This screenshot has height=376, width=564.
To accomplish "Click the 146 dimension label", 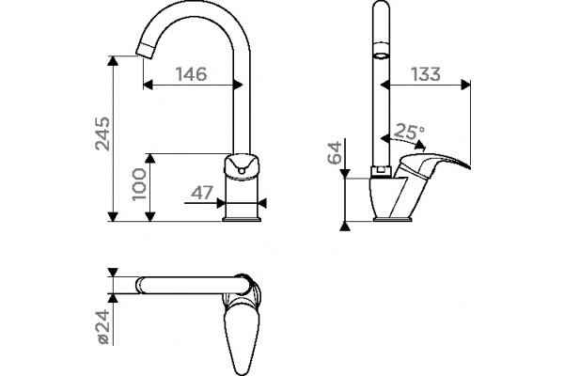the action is [x=192, y=74].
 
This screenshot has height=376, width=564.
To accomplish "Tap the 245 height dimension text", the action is [x=102, y=133].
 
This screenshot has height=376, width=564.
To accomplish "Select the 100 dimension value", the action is [x=139, y=184].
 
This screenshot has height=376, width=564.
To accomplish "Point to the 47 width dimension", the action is [x=202, y=193].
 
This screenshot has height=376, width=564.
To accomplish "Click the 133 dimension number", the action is [x=426, y=74].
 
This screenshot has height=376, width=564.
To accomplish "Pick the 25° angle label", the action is [x=409, y=132].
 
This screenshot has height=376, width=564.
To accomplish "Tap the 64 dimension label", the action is [x=335, y=153].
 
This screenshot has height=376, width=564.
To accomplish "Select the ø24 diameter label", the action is [x=102, y=327].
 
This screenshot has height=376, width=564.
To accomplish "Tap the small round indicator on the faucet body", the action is [x=242, y=170].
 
